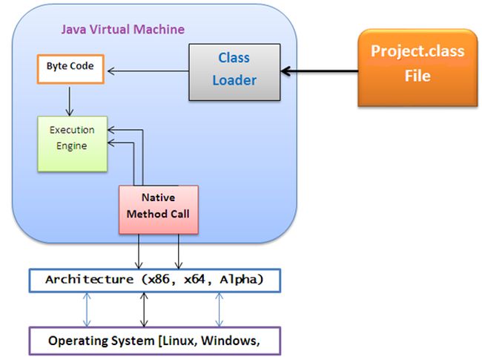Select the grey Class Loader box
click(x=234, y=72)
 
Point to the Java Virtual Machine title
click(x=122, y=29)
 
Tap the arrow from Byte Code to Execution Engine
click(x=69, y=101)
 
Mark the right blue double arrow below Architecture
click(x=219, y=309)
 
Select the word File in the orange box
click(x=417, y=76)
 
